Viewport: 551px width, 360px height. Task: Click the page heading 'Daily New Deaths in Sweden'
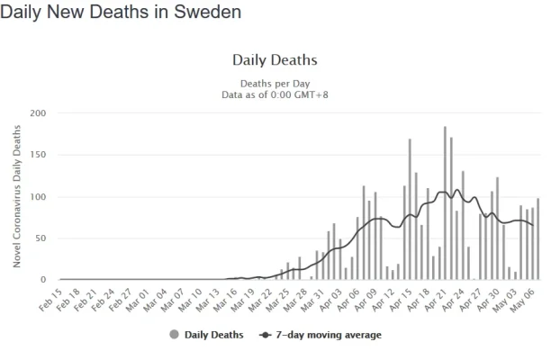pyautogui.click(x=122, y=13)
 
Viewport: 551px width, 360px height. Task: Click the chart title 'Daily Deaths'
pyautogui.click(x=275, y=60)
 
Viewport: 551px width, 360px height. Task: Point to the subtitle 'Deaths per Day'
pyautogui.click(x=275, y=83)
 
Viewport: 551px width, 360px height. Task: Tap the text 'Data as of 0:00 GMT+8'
pyautogui.click(x=275, y=94)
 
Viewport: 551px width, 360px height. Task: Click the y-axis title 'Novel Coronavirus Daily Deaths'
pyautogui.click(x=17, y=197)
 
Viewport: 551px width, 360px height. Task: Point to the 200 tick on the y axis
pyautogui.click(x=38, y=113)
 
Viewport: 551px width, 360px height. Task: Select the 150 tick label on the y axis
pyautogui.click(x=38, y=155)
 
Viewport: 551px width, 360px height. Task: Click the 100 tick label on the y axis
pyautogui.click(x=38, y=197)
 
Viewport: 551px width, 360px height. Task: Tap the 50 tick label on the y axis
pyautogui.click(x=41, y=238)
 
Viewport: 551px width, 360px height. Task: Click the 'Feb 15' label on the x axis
pyautogui.click(x=50, y=297)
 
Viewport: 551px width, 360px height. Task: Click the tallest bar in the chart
pyautogui.click(x=445, y=203)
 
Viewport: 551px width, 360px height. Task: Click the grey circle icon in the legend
pyautogui.click(x=173, y=336)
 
